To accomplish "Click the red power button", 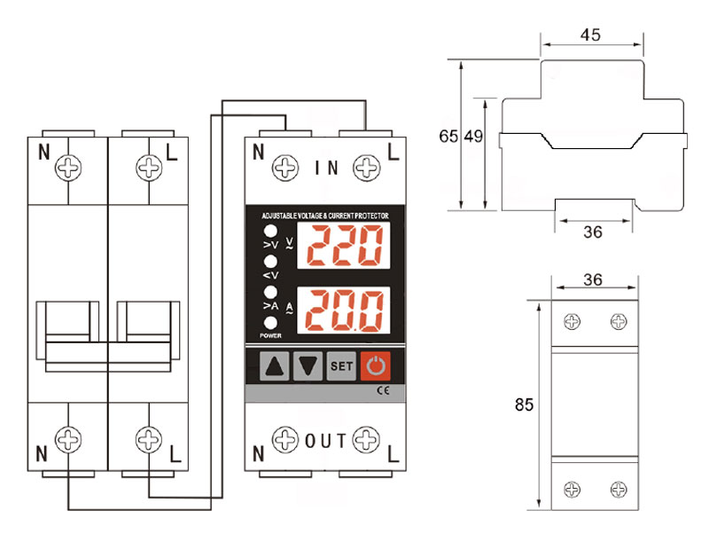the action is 375,365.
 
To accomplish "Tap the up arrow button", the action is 275,365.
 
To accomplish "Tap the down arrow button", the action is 308,365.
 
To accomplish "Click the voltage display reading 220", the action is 344,246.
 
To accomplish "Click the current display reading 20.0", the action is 344,310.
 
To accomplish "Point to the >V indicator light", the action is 270,232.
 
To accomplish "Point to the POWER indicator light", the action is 270,323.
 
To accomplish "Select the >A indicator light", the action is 270,293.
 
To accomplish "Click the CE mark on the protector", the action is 383,390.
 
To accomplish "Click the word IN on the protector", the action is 326,169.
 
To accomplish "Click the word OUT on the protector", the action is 325,441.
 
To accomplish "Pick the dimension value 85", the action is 524,405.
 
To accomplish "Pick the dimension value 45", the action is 590,35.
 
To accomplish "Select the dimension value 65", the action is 448,136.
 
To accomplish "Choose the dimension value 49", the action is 473,136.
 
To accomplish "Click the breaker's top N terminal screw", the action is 68,168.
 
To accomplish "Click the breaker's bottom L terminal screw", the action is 149,439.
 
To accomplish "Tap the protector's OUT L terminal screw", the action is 366,439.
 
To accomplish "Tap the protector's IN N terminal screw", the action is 285,168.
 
